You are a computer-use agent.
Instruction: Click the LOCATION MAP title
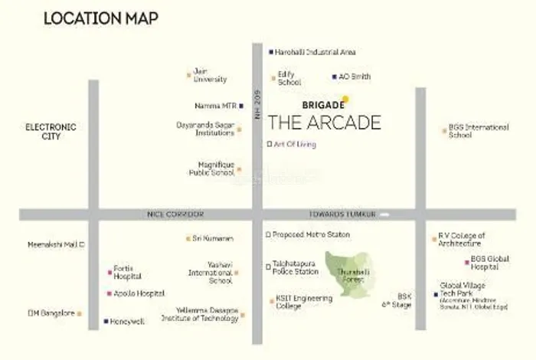pyautogui.click(x=100, y=18)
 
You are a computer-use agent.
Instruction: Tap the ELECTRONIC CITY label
pyautogui.click(x=51, y=131)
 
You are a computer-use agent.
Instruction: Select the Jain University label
pyautogui.click(x=210, y=75)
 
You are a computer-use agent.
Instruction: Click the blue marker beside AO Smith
pyautogui.click(x=335, y=77)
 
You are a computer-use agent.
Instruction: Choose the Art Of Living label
pyautogui.click(x=295, y=144)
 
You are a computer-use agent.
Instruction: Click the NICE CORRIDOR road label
pyautogui.click(x=175, y=214)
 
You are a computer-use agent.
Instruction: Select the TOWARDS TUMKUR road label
pyautogui.click(x=342, y=214)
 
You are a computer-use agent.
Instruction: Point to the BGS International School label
pyautogui.click(x=479, y=131)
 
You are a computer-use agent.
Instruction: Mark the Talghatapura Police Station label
pyautogui.click(x=296, y=267)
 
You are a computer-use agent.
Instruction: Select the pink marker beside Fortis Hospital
pyautogui.click(x=109, y=272)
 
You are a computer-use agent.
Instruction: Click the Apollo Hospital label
pyautogui.click(x=140, y=293)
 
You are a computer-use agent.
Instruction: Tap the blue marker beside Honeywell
pyautogui.click(x=106, y=322)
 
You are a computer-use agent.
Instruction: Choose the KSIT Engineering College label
pyautogui.click(x=299, y=302)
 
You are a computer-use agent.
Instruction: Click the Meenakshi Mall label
pyautogui.click(x=55, y=244)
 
